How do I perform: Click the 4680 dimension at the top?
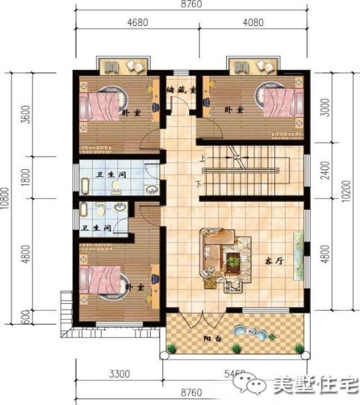point(136,21)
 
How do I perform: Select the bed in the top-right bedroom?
point(281,104)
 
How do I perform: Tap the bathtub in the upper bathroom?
point(86,186)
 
